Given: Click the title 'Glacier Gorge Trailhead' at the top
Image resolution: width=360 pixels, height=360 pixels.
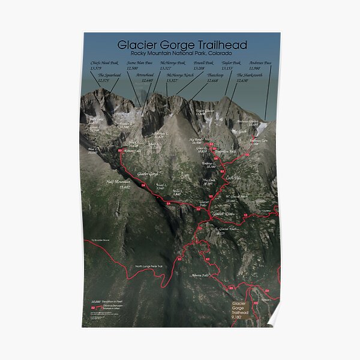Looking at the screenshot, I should [x=182, y=45].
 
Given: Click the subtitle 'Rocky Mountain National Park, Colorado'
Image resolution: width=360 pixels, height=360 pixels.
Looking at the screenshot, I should [x=182, y=54].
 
